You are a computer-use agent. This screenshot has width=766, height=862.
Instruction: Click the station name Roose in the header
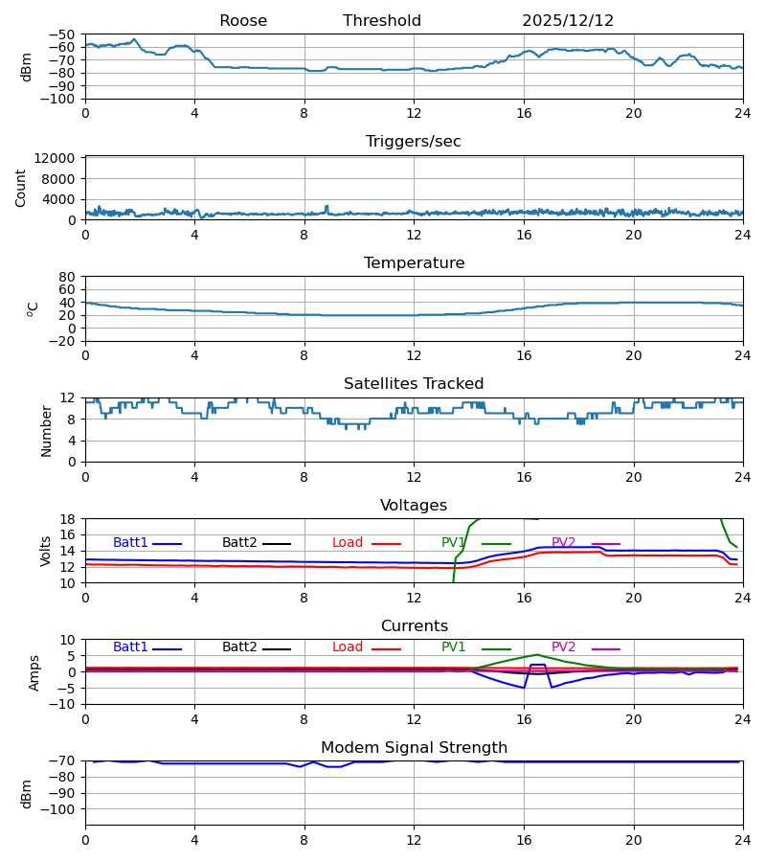click(243, 21)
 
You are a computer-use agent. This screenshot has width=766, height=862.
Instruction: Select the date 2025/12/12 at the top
click(568, 21)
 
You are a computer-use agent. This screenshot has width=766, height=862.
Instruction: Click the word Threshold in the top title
click(382, 21)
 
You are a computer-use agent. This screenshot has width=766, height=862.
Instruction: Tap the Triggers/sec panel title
click(414, 142)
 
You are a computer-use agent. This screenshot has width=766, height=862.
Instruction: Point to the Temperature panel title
click(414, 263)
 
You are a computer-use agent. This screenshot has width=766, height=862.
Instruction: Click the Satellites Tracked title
click(414, 384)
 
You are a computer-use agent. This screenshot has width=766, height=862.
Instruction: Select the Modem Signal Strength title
click(414, 748)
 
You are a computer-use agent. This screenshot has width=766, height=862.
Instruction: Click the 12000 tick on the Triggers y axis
click(58, 158)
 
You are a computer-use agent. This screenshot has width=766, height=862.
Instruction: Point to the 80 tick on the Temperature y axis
click(66, 277)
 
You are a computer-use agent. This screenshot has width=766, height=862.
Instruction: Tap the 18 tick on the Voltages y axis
click(66, 519)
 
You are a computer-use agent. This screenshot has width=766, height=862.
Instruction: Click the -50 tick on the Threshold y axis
click(62, 34)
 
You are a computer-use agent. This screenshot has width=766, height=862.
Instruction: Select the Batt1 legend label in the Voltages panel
click(130, 543)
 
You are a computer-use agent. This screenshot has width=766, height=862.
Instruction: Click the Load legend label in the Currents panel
click(348, 647)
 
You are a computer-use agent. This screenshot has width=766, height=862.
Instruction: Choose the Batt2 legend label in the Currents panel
click(239, 647)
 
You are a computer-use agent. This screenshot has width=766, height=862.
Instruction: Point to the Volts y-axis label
click(46, 551)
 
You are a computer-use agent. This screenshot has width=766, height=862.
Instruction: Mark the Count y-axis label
click(21, 188)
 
